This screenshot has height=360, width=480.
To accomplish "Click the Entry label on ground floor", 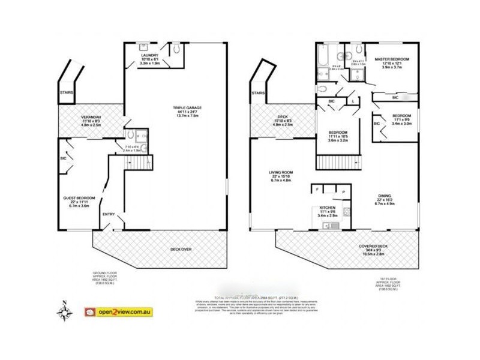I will pyautogui.click(x=109, y=214).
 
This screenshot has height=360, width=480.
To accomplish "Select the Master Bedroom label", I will pyautogui.click(x=392, y=59).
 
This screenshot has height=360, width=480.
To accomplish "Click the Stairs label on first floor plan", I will pyautogui.click(x=259, y=93).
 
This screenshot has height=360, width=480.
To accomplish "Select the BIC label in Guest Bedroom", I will pyautogui.click(x=63, y=160).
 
